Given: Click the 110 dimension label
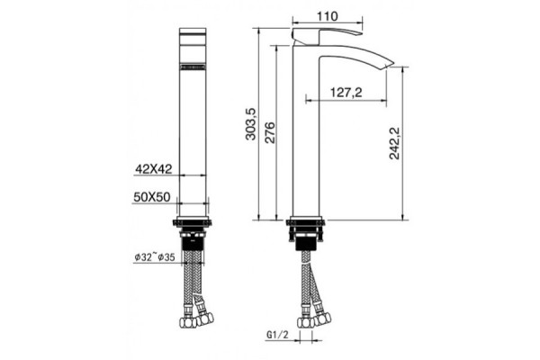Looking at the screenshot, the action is click(327, 16).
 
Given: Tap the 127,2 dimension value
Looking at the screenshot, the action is click(346, 93).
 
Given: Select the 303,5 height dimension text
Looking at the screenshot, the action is click(251, 123).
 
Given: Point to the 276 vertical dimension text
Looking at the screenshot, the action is click(270, 132).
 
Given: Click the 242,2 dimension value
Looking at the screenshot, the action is click(394, 143).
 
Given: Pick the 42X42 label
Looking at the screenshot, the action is click(154, 169).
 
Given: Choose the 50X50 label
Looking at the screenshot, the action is click(152, 197).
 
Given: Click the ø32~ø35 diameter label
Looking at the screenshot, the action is click(155, 257).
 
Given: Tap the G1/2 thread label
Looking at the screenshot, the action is click(277, 335).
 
